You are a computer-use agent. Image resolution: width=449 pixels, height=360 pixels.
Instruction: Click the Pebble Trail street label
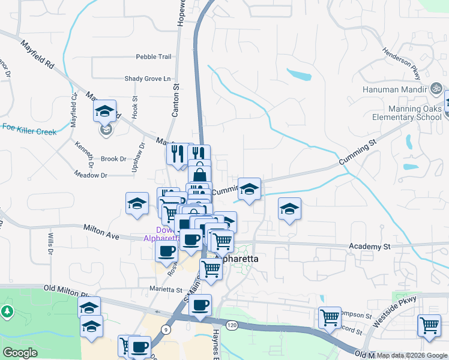[154, 57]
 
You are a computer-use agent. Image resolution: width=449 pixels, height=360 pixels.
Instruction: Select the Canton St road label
[176, 102]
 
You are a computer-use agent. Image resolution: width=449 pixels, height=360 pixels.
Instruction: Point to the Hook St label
[135, 107]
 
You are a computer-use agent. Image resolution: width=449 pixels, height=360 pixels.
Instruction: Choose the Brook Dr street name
[113, 159]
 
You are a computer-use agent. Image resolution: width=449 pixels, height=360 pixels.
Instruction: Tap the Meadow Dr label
[90, 175]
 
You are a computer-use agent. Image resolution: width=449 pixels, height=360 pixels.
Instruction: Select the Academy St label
[369, 246]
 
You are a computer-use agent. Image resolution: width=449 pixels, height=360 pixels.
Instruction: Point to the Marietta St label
[166, 290]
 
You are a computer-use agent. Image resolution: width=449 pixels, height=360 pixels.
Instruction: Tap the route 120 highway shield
[231, 325]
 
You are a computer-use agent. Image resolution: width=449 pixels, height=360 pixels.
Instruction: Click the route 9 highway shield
[164, 329]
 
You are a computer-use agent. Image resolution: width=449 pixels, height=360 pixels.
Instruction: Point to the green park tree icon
[7, 311]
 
